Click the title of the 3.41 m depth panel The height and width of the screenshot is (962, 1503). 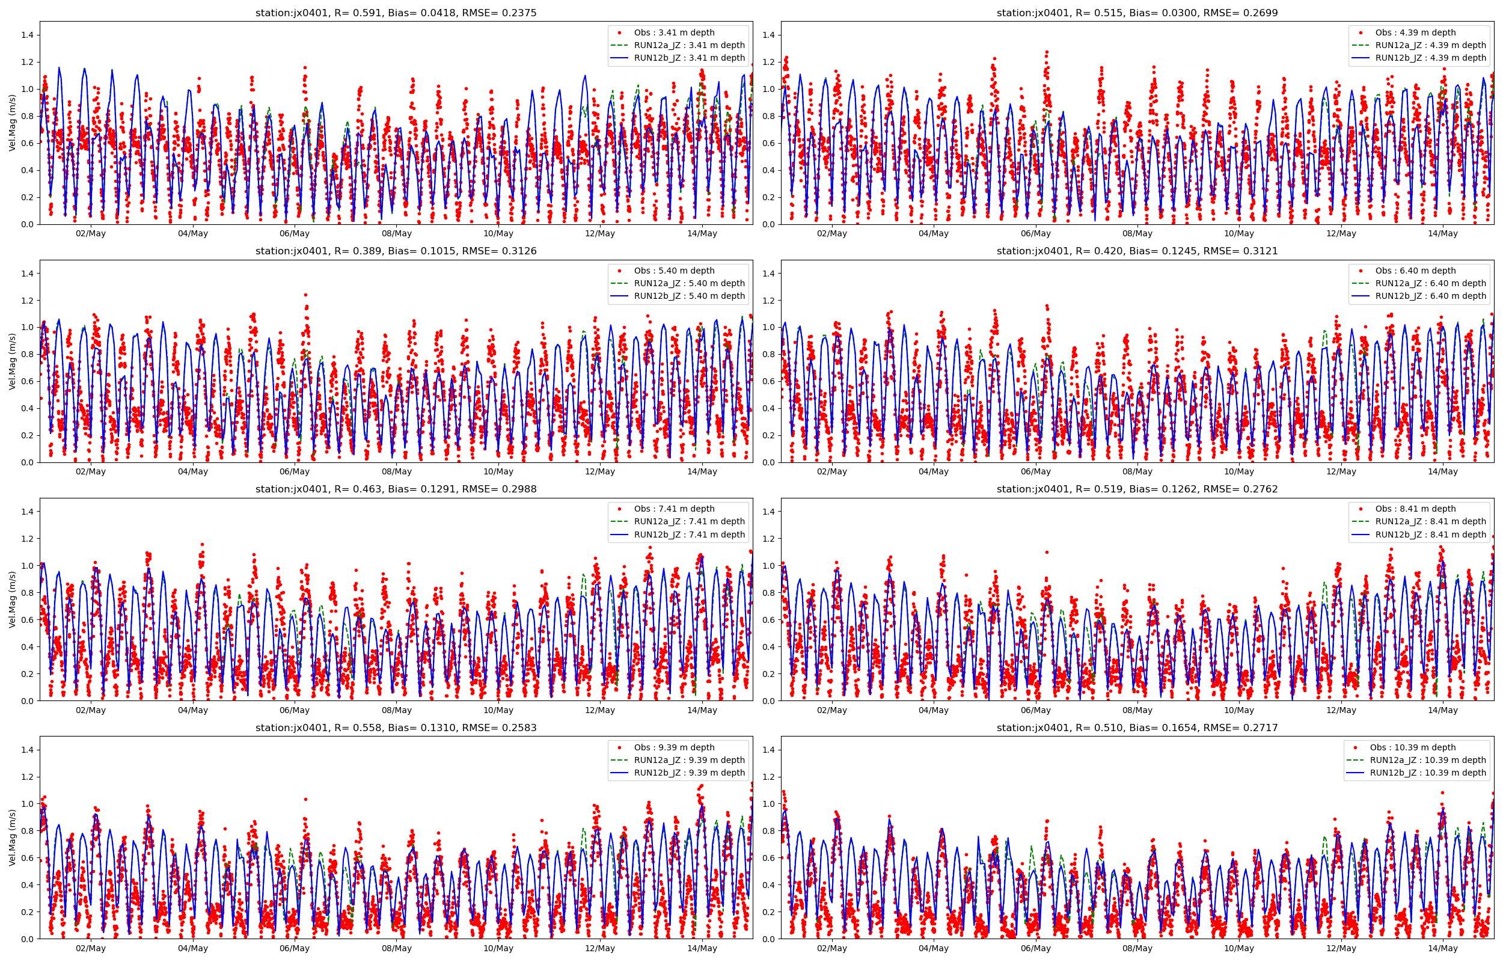(396, 13)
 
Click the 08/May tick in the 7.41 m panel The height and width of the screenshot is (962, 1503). (397, 710)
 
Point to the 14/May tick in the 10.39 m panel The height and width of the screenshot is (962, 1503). (1442, 948)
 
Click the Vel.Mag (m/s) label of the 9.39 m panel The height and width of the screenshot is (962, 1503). (13, 838)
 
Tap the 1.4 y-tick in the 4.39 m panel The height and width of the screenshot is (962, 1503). (768, 35)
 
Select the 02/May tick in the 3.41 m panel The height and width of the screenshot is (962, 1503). (91, 234)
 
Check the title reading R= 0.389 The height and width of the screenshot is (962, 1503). (396, 251)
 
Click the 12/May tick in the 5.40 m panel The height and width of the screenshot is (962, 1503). (600, 471)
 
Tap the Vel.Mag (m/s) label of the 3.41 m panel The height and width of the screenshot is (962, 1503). (13, 123)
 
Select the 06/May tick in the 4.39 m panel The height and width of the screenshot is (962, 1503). (1035, 234)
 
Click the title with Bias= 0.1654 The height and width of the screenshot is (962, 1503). (1136, 728)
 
